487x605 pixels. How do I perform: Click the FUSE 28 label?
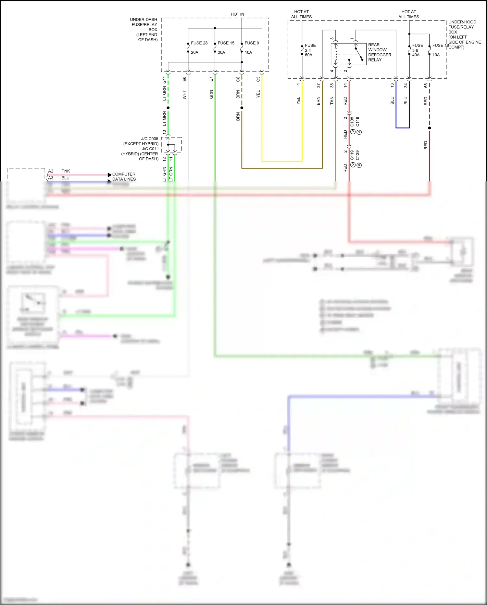coord(199,43)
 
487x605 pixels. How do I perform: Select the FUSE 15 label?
coord(226,43)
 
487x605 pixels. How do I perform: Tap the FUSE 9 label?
coord(252,43)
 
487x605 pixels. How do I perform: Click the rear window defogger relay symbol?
coord(349,54)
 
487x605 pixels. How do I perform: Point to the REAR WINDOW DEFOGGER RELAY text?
coord(379,52)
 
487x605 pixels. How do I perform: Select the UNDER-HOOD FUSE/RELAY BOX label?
coord(463,34)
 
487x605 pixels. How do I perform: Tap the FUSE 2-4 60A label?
coord(309,50)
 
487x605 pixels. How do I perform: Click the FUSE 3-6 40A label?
coord(417,50)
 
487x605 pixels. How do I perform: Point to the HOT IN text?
coord(237,14)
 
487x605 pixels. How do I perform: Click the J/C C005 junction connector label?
coord(150,138)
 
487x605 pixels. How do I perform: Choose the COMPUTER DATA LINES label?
coord(124,177)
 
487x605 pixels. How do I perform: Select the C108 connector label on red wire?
coord(352,122)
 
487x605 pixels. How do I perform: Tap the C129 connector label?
coord(357,155)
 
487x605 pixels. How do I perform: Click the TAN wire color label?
coord(332,100)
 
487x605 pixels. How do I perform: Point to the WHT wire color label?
coord(184,95)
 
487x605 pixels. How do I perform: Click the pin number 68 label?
coord(426,85)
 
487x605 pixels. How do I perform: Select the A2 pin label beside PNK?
coord(51,171)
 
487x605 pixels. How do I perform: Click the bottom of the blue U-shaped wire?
coord(403,128)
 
